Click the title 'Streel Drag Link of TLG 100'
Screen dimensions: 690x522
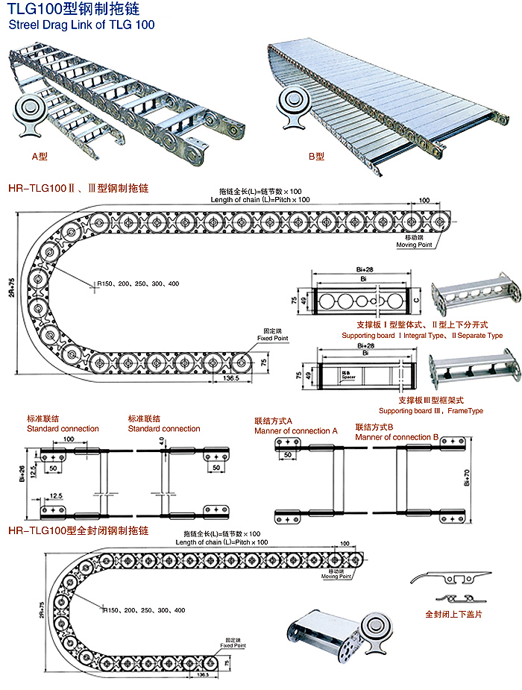coord(81,25)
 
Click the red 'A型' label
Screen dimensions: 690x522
coord(40,157)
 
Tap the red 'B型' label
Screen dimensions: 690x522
coord(317,157)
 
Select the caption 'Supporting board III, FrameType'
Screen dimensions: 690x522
coord(430,411)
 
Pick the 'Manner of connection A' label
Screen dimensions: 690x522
coord(295,431)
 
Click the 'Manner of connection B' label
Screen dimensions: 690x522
coord(403,437)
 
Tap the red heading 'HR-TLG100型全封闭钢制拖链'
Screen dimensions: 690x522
coord(78,531)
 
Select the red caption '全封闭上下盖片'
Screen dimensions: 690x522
coord(453,615)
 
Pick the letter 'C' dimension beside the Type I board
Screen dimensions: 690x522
coord(416,301)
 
